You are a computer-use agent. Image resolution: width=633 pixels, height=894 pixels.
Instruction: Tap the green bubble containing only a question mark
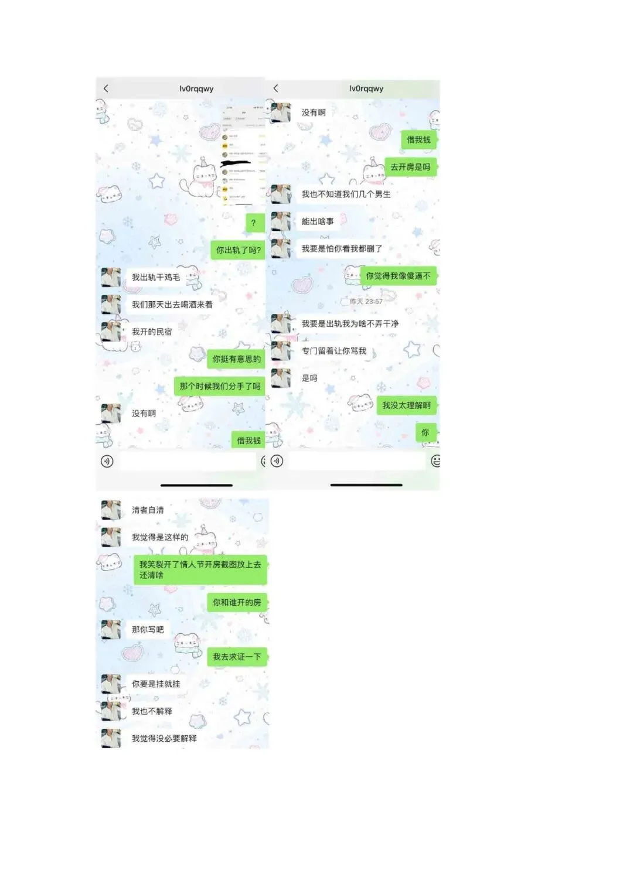click(x=254, y=223)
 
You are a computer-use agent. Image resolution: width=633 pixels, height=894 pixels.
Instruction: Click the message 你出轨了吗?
click(x=238, y=250)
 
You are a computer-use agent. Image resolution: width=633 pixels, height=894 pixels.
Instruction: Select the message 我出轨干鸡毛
click(x=156, y=277)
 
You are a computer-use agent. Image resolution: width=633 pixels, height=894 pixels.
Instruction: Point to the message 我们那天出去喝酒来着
click(x=172, y=305)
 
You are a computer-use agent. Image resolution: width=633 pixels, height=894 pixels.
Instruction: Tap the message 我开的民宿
click(x=152, y=332)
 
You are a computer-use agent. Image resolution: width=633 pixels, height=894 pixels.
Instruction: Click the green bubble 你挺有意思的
click(x=236, y=359)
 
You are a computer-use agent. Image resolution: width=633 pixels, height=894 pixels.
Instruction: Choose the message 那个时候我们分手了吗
click(x=220, y=386)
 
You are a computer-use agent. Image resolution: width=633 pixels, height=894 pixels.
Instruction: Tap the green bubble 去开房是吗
click(x=410, y=167)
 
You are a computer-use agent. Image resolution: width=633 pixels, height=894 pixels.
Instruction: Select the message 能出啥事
click(x=318, y=221)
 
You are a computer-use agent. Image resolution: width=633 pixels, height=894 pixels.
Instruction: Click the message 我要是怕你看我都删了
click(x=342, y=248)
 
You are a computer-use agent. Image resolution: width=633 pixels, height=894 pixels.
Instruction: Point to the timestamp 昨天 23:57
click(x=366, y=302)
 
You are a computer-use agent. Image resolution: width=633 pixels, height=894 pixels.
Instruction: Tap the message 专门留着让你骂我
click(x=333, y=351)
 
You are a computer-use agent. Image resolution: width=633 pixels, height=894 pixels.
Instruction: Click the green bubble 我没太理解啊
click(x=406, y=405)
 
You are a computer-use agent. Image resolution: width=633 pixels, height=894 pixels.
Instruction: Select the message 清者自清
click(x=148, y=510)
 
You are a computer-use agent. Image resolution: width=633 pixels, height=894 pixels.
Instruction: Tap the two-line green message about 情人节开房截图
click(x=200, y=570)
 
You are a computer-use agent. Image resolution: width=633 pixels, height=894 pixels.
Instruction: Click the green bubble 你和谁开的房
click(x=237, y=602)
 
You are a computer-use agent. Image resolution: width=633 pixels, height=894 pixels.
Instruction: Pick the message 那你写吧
click(x=148, y=630)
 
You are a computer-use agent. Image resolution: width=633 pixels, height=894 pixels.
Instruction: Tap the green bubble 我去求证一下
click(x=237, y=657)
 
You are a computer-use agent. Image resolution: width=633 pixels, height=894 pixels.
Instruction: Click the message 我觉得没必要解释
click(x=164, y=739)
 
